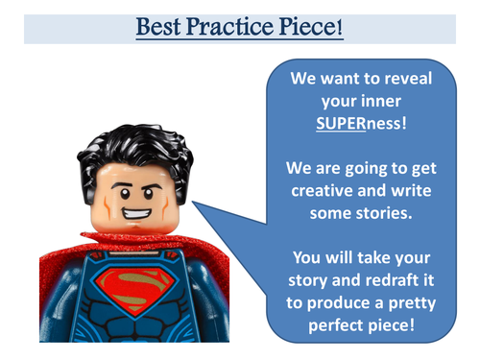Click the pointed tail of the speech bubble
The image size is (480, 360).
click(x=197, y=204)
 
